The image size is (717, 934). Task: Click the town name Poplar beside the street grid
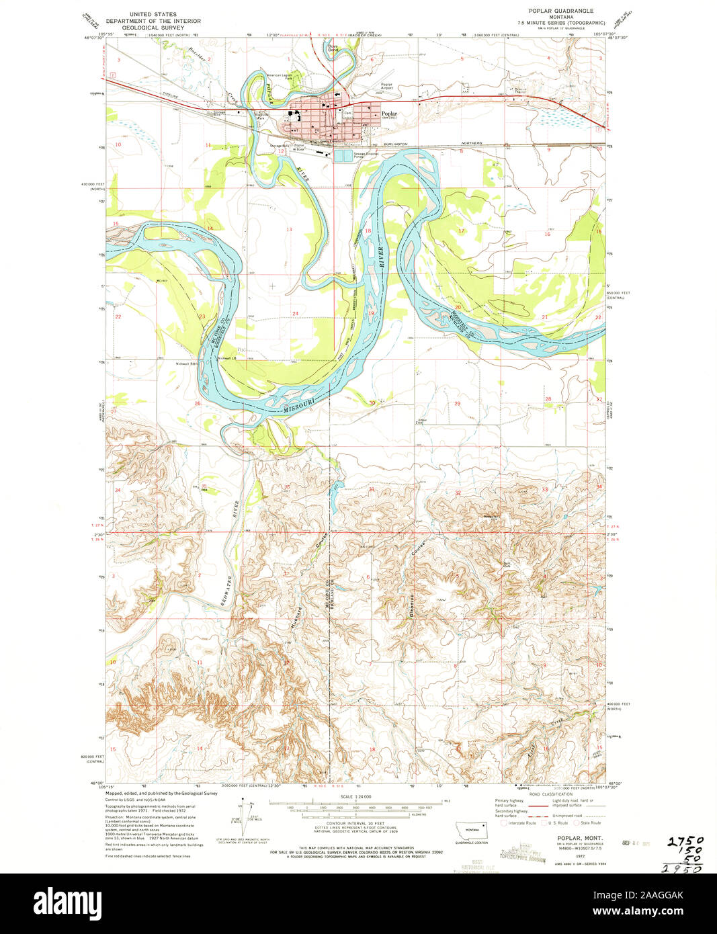(389, 114)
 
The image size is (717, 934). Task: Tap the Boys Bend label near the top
(333, 48)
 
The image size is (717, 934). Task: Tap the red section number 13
(290, 230)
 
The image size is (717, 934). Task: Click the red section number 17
(461, 230)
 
